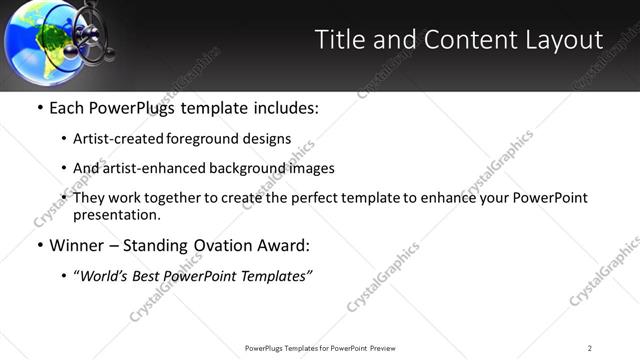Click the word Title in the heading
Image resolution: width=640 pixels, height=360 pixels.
337,39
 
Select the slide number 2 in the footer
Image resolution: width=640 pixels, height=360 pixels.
590,348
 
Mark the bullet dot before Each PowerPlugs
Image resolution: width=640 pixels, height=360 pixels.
39,107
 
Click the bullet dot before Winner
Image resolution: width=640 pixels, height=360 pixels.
39,245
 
